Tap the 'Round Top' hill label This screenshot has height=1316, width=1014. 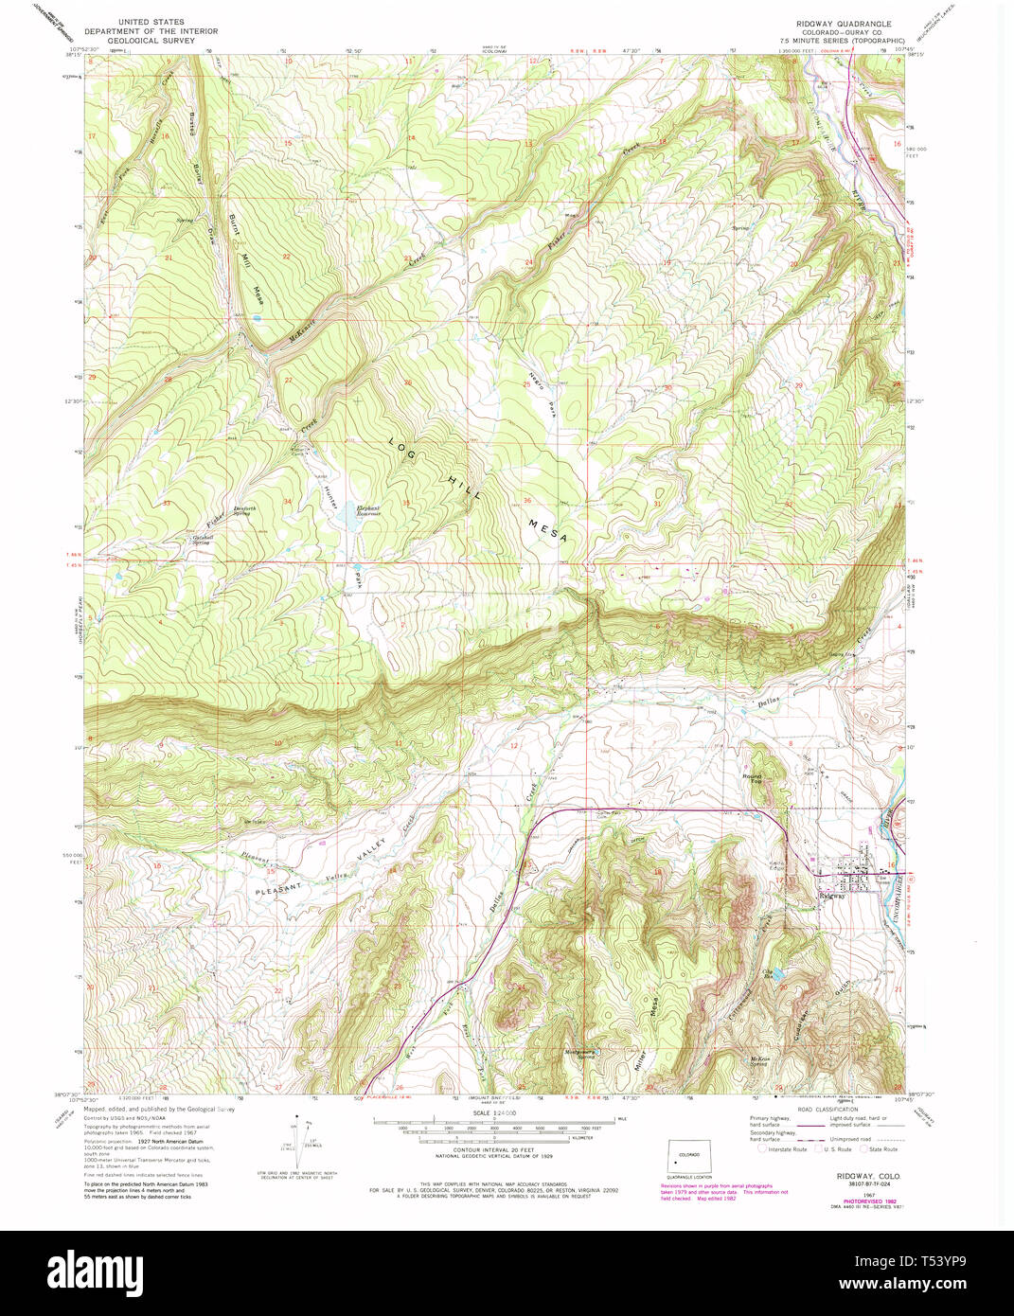(x=752, y=779)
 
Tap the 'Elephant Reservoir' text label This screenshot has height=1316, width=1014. (x=368, y=511)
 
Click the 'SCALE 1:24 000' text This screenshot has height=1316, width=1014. (x=493, y=1112)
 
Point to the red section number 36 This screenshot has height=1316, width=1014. (x=526, y=500)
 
